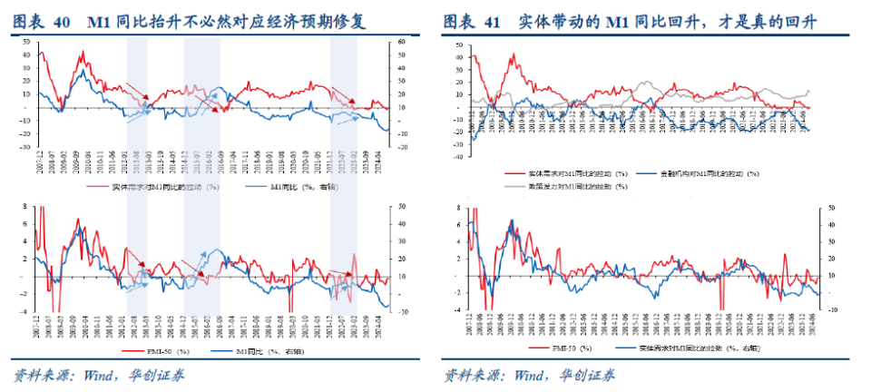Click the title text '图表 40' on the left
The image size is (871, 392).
coord(42,20)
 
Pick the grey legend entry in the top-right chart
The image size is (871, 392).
coord(572,185)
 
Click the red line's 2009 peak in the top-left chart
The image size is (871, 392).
coord(82,52)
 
